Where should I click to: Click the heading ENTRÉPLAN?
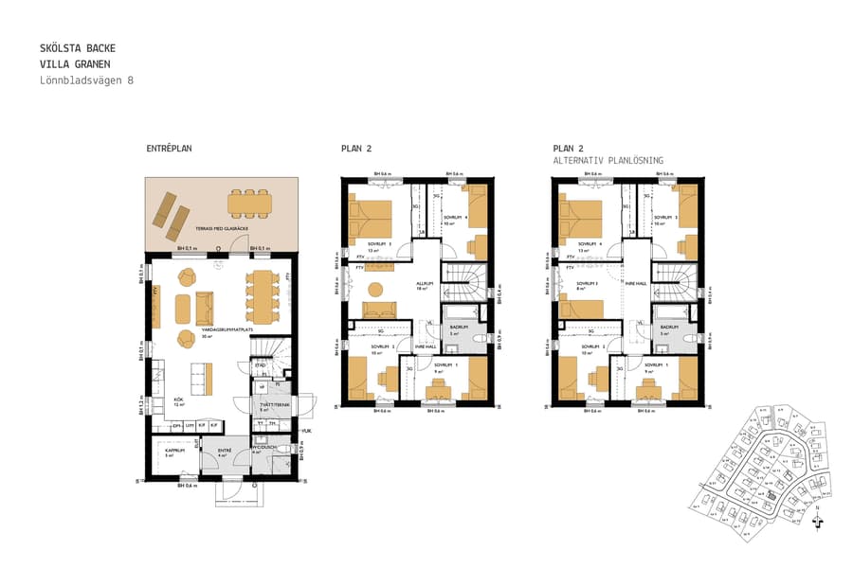[170, 150]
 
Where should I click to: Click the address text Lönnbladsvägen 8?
[87, 80]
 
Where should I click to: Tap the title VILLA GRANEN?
[77, 63]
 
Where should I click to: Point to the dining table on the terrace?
[248, 202]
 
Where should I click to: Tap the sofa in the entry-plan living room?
[204, 308]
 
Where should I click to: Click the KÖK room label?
[178, 400]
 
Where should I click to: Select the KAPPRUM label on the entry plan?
[174, 451]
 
